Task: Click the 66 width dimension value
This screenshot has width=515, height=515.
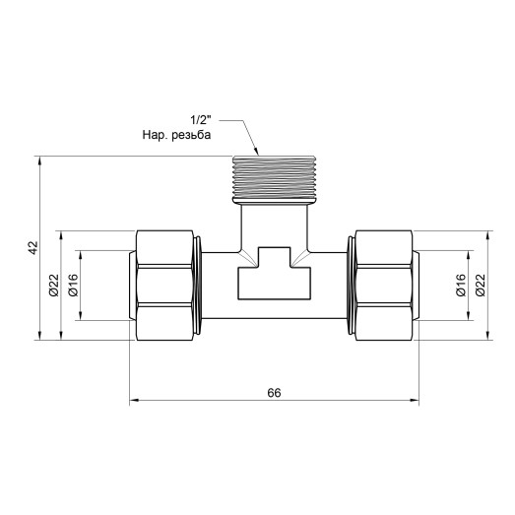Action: [x=273, y=392]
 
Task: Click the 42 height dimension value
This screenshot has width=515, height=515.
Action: [x=32, y=247]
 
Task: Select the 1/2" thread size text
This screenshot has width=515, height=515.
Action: [x=202, y=121]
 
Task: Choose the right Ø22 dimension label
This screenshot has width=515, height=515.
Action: [x=481, y=285]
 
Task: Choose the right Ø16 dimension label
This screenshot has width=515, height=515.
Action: [x=460, y=285]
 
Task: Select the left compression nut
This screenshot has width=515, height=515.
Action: [x=167, y=286]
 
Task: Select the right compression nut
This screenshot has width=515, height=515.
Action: [x=384, y=286]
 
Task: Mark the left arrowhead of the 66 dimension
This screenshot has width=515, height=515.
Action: [x=136, y=401]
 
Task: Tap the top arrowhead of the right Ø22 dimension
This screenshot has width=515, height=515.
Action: [x=489, y=236]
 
